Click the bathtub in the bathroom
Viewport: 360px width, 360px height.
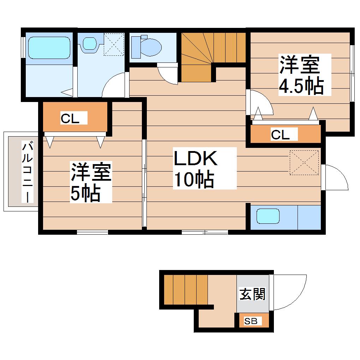pos(49,48)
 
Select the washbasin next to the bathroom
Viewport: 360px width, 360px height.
pos(90,43)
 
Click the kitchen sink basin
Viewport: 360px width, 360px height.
pos(268,216)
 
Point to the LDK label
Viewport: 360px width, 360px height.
pos(196,158)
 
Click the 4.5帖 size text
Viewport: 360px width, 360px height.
pos(301,86)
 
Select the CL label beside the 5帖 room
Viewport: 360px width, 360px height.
pos(70,119)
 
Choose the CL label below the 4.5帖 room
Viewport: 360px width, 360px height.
pos(280,135)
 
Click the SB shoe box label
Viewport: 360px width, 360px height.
pos(251,321)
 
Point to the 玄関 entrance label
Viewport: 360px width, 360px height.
pos(252,294)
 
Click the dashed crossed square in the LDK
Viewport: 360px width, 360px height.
pos(304,163)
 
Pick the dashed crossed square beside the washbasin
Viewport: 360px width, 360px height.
pos(114,44)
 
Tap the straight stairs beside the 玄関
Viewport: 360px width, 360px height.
pos(186,290)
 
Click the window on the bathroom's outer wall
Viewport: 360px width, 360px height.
pos(23,47)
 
